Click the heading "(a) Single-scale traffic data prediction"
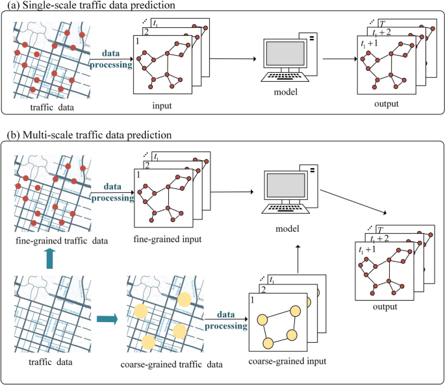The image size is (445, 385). (x=94, y=6)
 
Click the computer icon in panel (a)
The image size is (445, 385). (x=285, y=62)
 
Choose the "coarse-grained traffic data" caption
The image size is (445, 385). (x=172, y=365)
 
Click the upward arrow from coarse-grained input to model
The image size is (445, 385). (x=298, y=258)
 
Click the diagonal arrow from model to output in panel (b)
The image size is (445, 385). (x=353, y=198)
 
